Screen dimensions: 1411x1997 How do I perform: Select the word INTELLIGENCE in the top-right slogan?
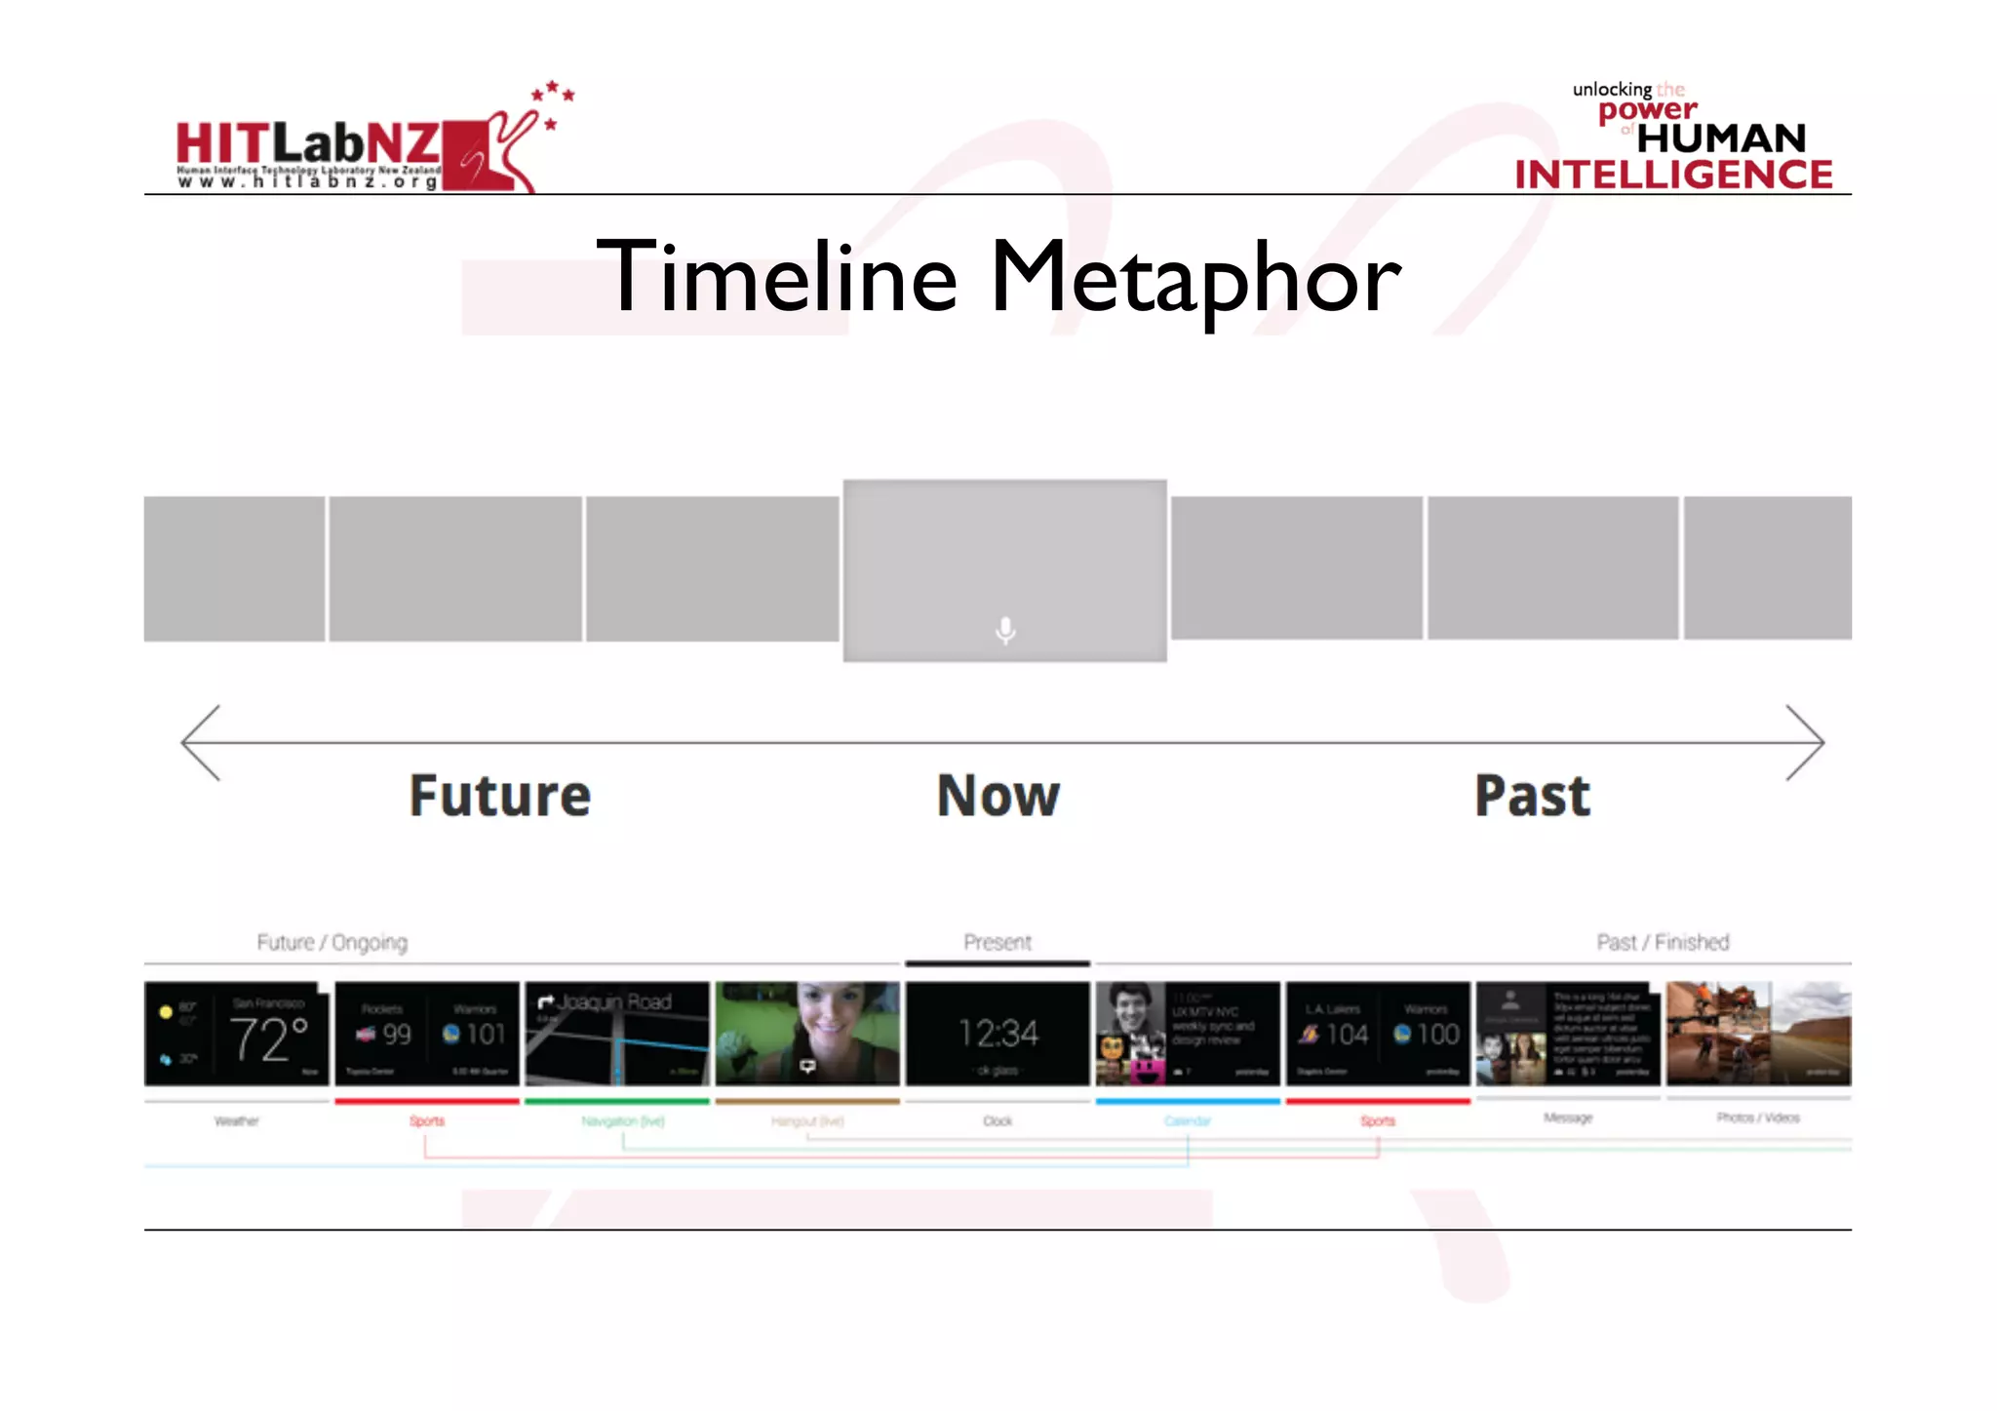pyautogui.click(x=1673, y=176)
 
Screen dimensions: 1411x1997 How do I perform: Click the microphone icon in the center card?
pyautogui.click(x=1005, y=631)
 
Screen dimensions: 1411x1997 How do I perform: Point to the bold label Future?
pyautogui.click(x=500, y=796)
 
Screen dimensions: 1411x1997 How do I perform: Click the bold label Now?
pyautogui.click(x=998, y=796)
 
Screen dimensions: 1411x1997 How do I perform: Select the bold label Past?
pyautogui.click(x=1532, y=796)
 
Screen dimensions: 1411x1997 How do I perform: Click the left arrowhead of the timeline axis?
pyautogui.click(x=195, y=742)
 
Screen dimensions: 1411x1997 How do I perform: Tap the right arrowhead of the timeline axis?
pyautogui.click(x=1811, y=742)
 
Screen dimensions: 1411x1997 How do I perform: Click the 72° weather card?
pyautogui.click(x=237, y=1034)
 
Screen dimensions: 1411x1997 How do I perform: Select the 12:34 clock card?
pyautogui.click(x=998, y=1034)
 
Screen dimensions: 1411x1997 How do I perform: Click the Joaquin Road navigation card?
pyautogui.click(x=617, y=1034)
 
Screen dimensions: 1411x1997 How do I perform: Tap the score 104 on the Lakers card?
pyautogui.click(x=1347, y=1035)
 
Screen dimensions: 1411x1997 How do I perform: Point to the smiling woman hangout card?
pyautogui.click(x=807, y=1034)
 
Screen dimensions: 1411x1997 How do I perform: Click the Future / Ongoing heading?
pyautogui.click(x=333, y=942)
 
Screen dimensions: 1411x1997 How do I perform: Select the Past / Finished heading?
pyautogui.click(x=1663, y=942)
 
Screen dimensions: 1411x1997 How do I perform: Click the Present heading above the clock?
pyautogui.click(x=998, y=942)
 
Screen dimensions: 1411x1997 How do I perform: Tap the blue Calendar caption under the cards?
pyautogui.click(x=1188, y=1121)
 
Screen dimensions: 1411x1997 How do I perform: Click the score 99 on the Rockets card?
pyautogui.click(x=396, y=1035)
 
